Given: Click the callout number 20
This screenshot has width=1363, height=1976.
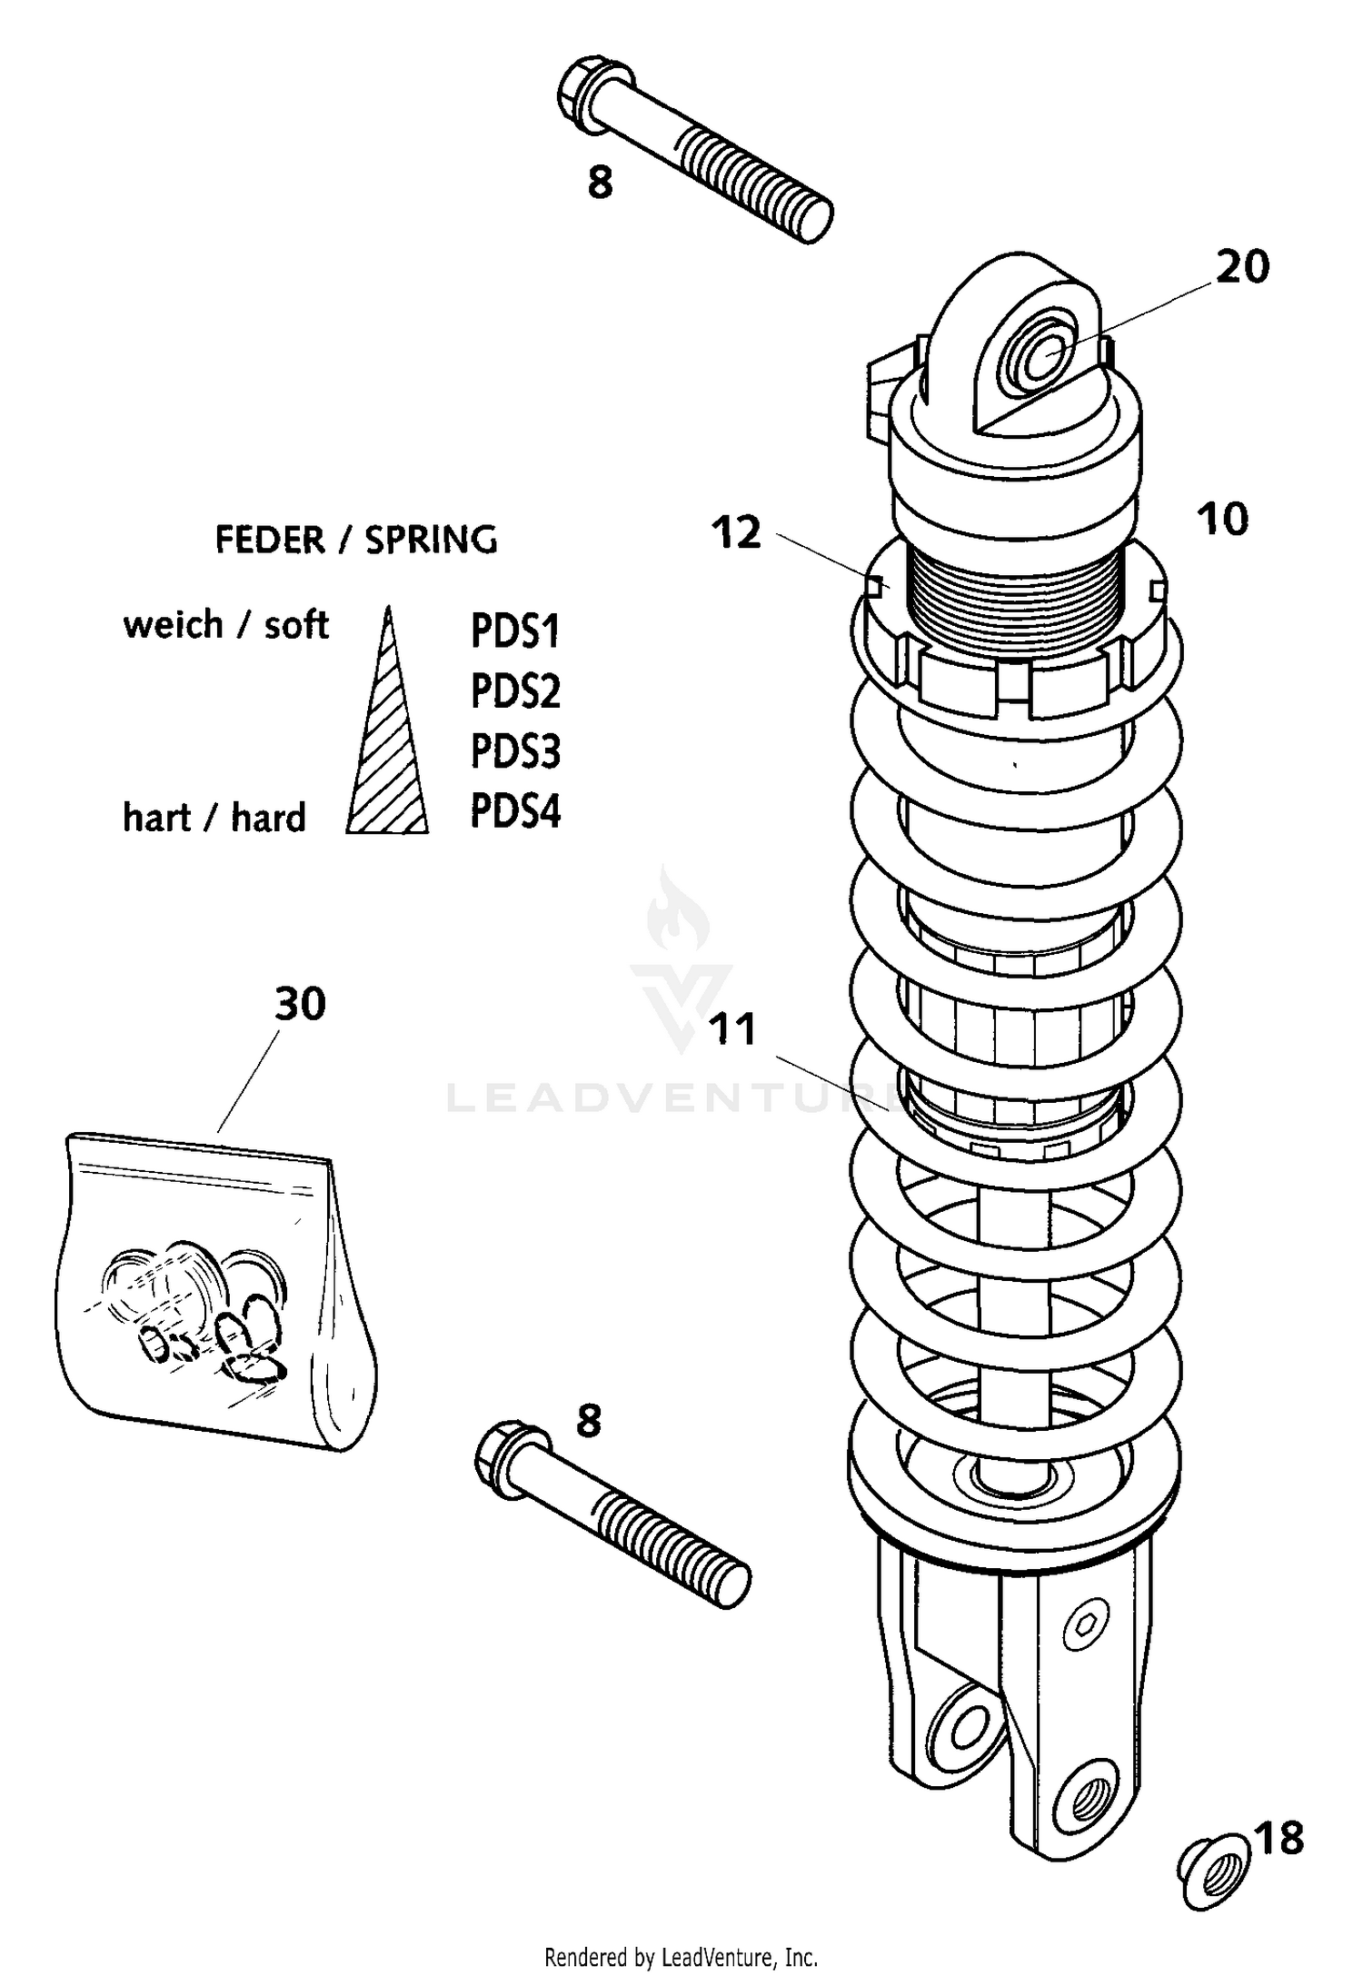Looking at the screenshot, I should coord(1242,267).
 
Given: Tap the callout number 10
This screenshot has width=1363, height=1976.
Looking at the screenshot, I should coord(1222,520).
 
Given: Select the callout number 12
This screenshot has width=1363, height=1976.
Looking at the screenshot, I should coord(736,533).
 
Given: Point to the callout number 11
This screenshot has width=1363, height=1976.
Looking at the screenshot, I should coord(732,1030).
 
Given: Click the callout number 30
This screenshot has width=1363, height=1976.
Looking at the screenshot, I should coord(300,1005).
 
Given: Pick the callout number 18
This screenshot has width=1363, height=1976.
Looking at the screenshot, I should coord(1279,1839).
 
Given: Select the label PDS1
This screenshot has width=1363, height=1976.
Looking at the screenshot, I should coord(515,631).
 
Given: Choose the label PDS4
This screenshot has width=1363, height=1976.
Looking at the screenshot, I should coord(515,811).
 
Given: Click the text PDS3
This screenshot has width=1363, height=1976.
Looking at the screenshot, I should coord(515,751).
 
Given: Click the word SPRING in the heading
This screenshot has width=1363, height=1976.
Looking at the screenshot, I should coord(431,540).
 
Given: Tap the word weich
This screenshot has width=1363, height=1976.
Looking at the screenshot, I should coord(173,625).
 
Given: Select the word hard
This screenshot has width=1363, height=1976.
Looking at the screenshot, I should coord(268,818).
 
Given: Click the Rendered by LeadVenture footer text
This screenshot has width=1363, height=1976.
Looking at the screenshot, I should coord(681,1956).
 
